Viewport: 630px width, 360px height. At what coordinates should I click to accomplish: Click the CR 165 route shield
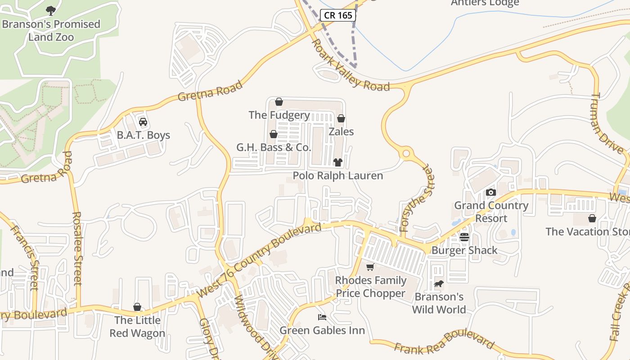(x=338, y=15)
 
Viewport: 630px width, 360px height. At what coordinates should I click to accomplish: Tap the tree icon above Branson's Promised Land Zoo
(x=51, y=10)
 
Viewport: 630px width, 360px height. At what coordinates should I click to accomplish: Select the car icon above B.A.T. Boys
(x=143, y=122)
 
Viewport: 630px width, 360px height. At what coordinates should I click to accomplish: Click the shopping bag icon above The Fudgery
(x=279, y=102)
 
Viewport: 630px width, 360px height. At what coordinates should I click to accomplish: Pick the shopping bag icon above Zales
(x=341, y=119)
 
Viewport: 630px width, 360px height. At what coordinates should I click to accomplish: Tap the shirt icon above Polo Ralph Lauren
(x=338, y=162)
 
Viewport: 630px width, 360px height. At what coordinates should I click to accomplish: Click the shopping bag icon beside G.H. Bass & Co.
(x=273, y=134)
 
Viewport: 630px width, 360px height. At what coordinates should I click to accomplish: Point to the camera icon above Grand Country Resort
(x=491, y=193)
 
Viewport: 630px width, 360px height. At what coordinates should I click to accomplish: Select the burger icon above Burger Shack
(x=464, y=237)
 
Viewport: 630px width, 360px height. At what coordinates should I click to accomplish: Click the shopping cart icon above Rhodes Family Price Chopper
(x=370, y=267)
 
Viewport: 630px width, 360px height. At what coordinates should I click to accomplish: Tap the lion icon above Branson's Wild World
(x=439, y=284)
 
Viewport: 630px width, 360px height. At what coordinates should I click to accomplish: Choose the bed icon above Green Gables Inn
(x=322, y=317)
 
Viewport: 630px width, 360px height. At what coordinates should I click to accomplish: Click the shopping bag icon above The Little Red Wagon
(x=137, y=307)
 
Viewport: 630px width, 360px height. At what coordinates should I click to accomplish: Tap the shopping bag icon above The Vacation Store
(x=592, y=219)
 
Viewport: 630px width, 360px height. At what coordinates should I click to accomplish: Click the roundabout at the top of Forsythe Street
(x=407, y=154)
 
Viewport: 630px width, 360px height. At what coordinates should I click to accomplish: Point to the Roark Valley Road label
(x=351, y=66)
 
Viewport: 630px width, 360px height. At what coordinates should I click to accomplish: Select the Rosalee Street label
(x=77, y=248)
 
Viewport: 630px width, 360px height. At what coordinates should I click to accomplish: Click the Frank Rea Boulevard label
(x=444, y=343)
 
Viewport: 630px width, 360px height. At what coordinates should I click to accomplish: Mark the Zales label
(x=341, y=132)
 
